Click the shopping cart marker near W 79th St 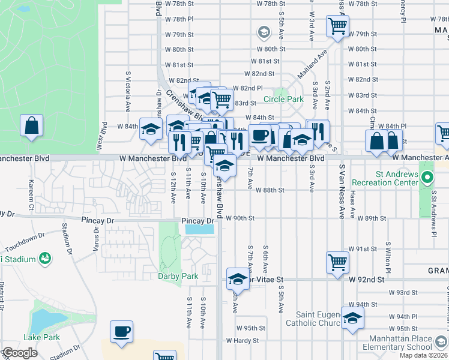(x=337, y=26)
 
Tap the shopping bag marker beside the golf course (x=31, y=127)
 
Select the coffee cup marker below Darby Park (x=121, y=332)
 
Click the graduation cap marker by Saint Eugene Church (x=352, y=318)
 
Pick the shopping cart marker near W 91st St (x=337, y=262)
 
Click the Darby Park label (x=178, y=276)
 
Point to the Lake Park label (x=41, y=337)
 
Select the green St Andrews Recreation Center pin (x=427, y=178)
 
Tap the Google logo (x=20, y=353)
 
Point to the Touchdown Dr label (x=22, y=247)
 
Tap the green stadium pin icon (x=44, y=258)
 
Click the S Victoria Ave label (x=128, y=92)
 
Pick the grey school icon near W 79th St (x=263, y=31)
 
